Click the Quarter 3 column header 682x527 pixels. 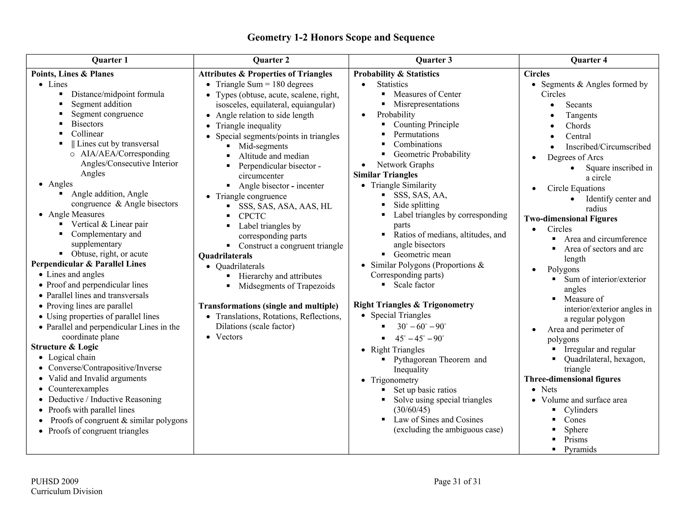tap(434, 60)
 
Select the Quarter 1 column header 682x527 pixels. tap(110, 60)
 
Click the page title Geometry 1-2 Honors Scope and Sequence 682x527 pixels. tap(341, 37)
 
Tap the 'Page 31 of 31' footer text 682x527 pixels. tap(457, 481)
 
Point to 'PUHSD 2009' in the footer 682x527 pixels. tap(55, 481)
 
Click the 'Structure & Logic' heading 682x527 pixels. tap(65, 347)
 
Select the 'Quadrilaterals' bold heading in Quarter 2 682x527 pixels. tap(225, 256)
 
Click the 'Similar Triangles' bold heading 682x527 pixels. tap(385, 175)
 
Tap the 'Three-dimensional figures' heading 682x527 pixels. tap(572, 379)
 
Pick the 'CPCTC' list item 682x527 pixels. tap(252, 216)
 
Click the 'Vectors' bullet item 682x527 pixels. tap(229, 337)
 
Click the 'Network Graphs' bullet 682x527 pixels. tap(405, 165)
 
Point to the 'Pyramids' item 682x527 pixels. tap(580, 449)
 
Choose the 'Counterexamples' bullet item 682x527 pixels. tap(78, 389)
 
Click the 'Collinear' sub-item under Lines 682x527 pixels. tap(87, 134)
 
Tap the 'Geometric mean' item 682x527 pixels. tap(422, 255)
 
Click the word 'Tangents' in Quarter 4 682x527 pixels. tap(581, 115)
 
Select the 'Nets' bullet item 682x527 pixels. tap(549, 389)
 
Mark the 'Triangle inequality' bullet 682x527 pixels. tap(248, 126)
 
